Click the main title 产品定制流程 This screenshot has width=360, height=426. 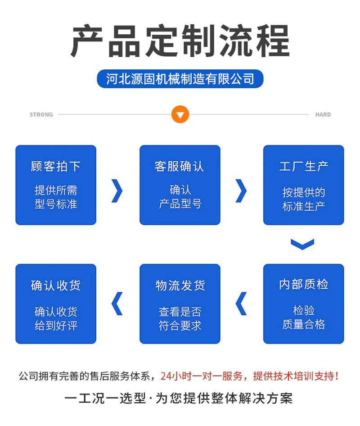pos(180,41)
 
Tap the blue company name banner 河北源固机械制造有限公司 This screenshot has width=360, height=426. pos(180,79)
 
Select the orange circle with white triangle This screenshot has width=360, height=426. pos(180,115)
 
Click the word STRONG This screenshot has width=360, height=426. pos(41,115)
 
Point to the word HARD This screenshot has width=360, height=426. pos(323,115)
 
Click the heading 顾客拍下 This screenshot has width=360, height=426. pos(56,167)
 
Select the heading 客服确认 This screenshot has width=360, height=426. pos(180,167)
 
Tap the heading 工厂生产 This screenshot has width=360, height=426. pos(304,167)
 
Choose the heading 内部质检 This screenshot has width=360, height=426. pos(304,285)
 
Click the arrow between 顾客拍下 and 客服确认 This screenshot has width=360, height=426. pos(117,190)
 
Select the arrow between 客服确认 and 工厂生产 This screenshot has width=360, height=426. pos(241,190)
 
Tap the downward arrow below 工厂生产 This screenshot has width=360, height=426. pos(302,245)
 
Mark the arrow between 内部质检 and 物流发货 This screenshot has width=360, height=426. pos(241,304)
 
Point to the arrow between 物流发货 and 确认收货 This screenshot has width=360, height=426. pos(117,304)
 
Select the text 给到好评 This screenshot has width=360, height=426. pos(56,325)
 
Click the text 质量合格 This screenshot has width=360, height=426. pos(304,324)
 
